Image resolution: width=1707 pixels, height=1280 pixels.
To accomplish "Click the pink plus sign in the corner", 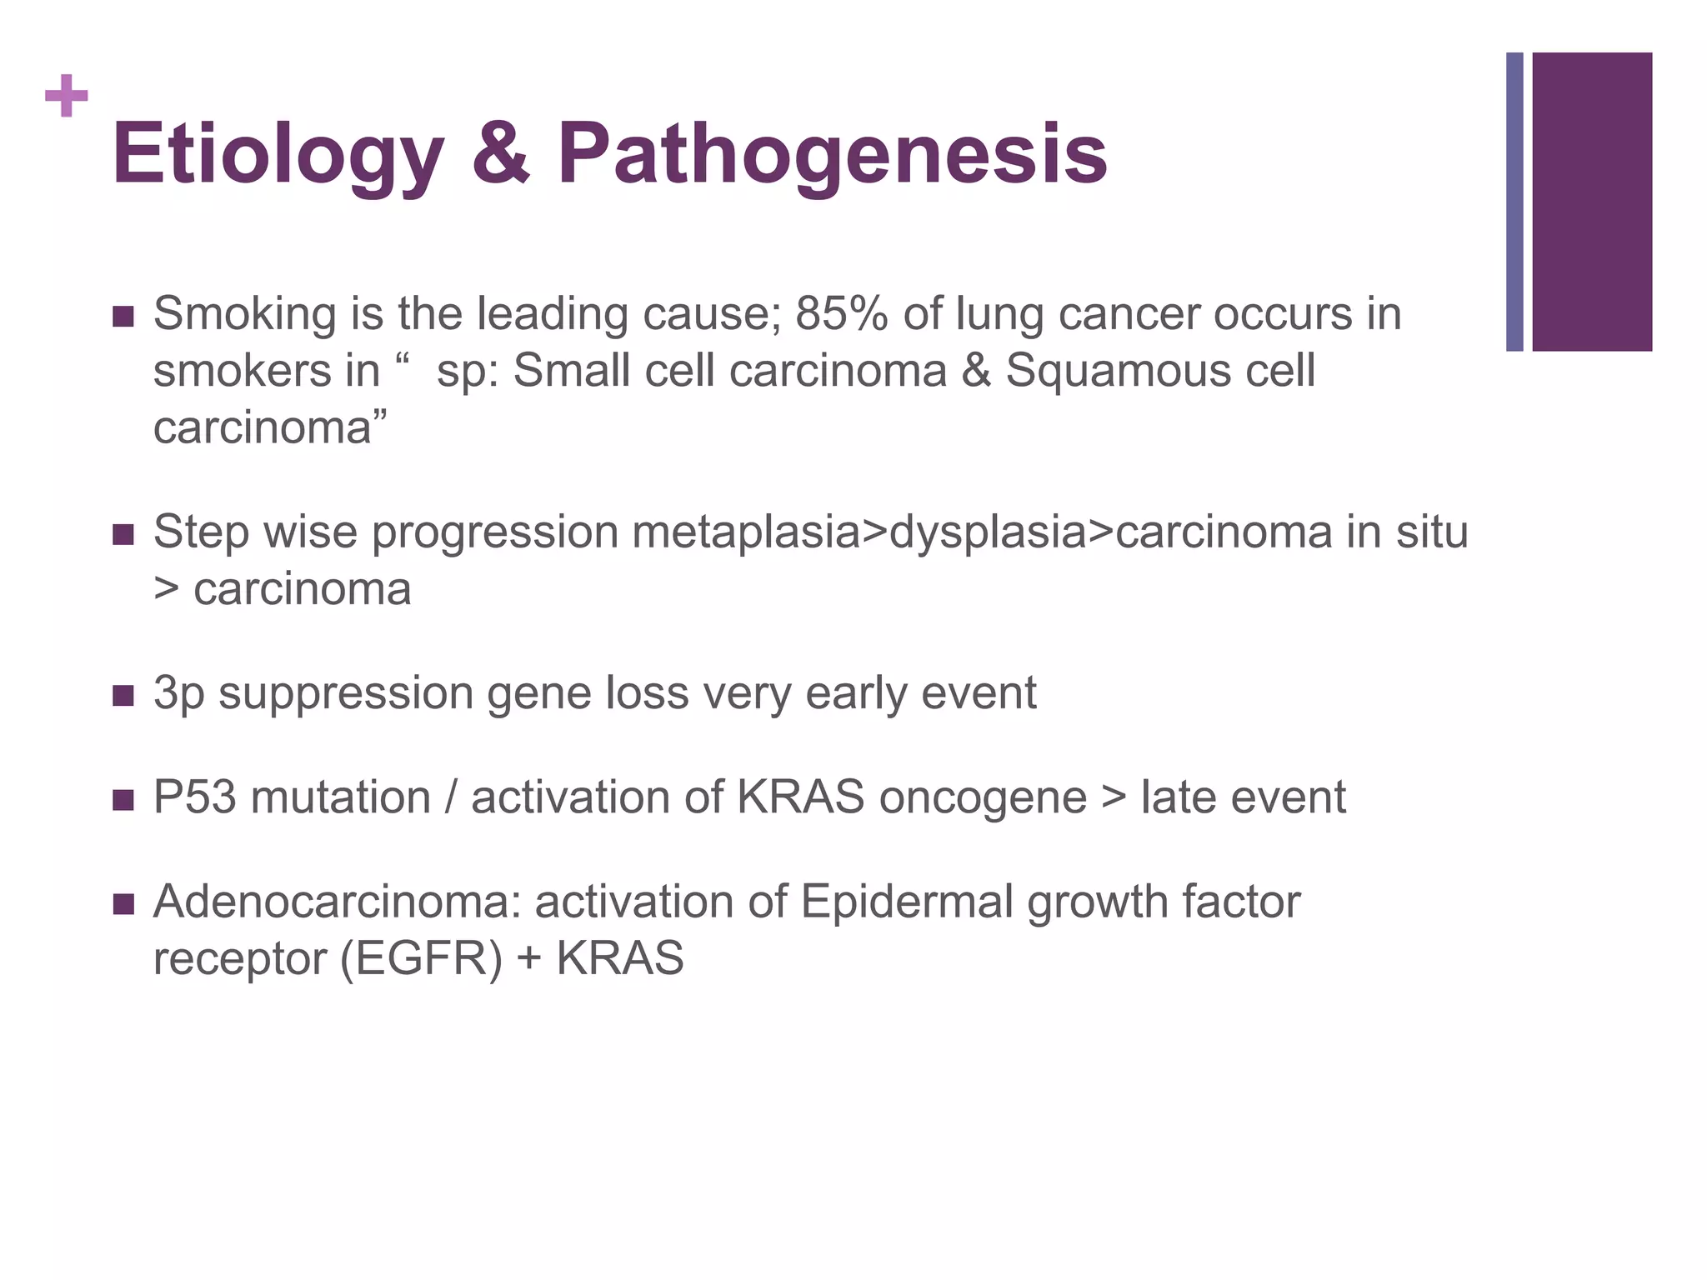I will (67, 97).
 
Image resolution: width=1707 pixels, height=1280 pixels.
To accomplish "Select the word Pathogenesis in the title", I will (832, 155).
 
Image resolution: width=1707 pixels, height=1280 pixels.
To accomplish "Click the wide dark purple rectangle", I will (1592, 202).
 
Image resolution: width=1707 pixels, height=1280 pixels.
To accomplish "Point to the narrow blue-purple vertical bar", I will (1514, 202).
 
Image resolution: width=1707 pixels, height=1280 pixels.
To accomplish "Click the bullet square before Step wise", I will (123, 534).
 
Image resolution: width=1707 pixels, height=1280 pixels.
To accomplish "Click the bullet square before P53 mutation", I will (123, 800).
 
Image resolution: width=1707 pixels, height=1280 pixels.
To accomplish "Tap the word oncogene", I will (983, 798).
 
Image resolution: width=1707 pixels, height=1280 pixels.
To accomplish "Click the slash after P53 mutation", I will (451, 797).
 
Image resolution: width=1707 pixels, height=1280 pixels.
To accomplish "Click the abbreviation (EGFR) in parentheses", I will (421, 958).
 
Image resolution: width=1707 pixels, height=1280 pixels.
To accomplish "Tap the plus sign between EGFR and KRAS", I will (528, 959).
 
